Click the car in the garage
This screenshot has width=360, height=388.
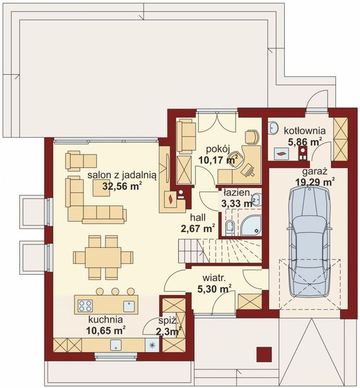309,241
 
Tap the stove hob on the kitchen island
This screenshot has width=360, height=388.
85,306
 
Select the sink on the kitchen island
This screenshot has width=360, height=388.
129,306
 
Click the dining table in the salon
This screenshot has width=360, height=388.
103,257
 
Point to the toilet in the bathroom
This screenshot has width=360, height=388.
230,227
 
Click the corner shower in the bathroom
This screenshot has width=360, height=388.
251,225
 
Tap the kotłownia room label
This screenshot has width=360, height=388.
304,131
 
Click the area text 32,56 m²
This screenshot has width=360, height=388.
122,186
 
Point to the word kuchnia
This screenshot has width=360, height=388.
106,319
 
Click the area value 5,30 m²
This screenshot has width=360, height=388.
214,288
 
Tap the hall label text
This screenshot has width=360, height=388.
197,217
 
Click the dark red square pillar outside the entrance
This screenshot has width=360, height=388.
264,354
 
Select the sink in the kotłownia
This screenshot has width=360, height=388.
274,127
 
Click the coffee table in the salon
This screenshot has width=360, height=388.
102,188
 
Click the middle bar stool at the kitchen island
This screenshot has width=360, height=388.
115,292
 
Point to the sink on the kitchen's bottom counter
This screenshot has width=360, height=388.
116,345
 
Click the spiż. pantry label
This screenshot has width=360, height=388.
168,321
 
